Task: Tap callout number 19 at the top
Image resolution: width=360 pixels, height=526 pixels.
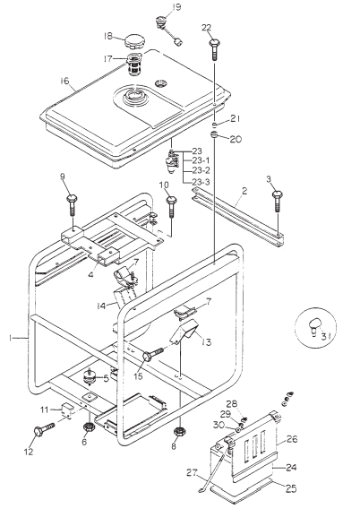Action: [x=176, y=7]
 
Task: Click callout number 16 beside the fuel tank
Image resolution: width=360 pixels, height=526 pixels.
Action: [x=64, y=81]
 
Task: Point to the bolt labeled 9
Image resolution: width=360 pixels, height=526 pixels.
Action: [x=71, y=200]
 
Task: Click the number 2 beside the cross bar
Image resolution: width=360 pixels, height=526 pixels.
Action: [x=244, y=191]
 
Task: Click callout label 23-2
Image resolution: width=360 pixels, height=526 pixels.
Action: [x=201, y=170]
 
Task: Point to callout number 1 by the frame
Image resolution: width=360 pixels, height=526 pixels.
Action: [x=11, y=338]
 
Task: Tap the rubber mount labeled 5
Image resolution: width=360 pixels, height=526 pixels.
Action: [x=90, y=375]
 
